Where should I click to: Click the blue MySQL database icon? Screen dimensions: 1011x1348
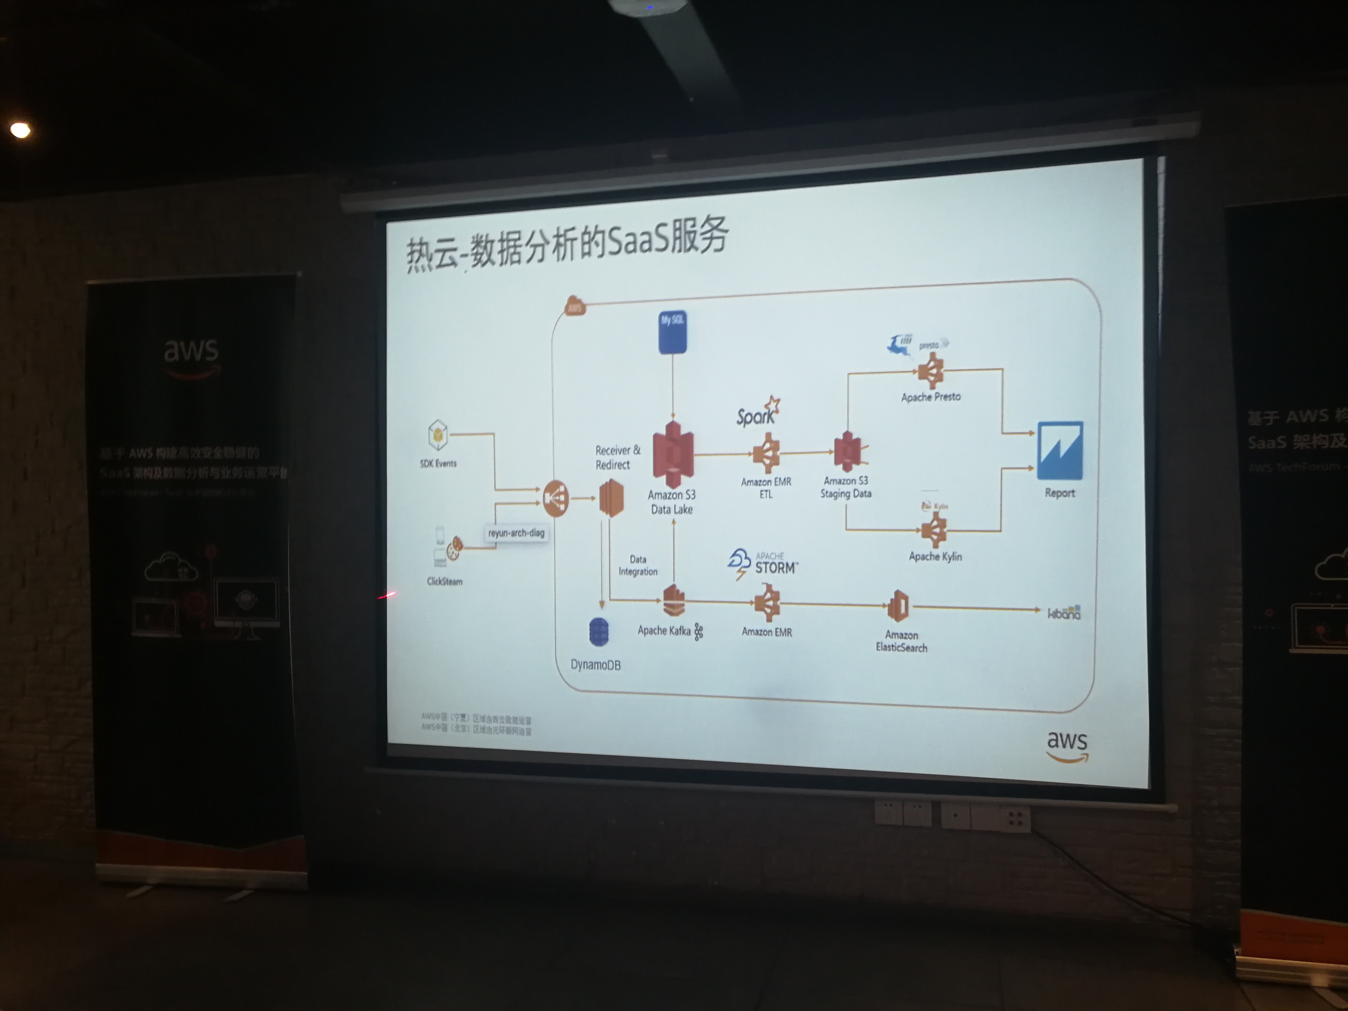pos(672,332)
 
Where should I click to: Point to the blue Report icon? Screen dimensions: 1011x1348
pos(1060,450)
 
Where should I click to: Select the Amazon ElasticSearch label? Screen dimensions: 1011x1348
pos(901,641)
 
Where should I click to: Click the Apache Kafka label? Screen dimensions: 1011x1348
pos(664,631)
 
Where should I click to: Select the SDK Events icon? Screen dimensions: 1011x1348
pos(438,435)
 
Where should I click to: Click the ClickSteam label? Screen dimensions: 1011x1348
pos(444,581)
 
